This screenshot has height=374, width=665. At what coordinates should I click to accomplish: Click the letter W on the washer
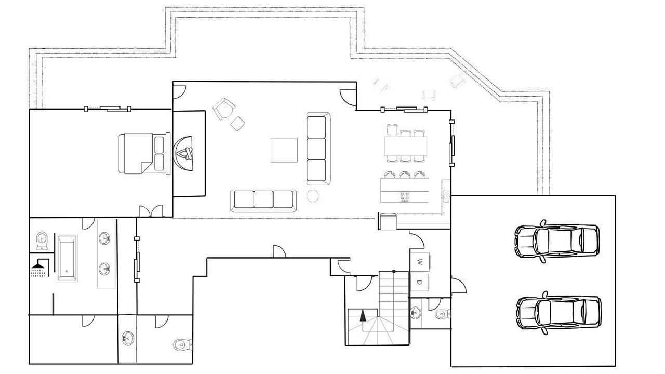[420, 262]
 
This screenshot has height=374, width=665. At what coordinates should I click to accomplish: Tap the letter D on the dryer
[419, 282]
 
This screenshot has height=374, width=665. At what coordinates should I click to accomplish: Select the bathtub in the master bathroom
[67, 258]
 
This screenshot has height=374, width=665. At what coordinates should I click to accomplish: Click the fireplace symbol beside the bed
[183, 153]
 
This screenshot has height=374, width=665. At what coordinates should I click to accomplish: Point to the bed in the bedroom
[144, 153]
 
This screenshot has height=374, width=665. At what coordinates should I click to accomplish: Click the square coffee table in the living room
[284, 150]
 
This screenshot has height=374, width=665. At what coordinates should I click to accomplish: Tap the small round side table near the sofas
[313, 196]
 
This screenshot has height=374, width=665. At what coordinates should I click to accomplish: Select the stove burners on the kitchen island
[405, 197]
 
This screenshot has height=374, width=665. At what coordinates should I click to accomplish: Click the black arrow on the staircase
[362, 315]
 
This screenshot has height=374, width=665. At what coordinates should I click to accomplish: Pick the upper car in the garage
[557, 241]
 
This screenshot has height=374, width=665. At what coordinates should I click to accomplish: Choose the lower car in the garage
[559, 313]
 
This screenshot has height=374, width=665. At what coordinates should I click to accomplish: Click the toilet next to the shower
[42, 241]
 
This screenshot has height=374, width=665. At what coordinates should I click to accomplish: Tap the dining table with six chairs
[406, 146]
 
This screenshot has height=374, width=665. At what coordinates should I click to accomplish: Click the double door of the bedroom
[151, 211]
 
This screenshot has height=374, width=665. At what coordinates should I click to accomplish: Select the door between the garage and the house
[459, 285]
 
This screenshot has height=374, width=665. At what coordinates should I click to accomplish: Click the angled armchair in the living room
[224, 109]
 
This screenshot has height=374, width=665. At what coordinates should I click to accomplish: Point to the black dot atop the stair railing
[394, 271]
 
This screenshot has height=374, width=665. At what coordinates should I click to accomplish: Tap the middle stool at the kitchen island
[405, 175]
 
